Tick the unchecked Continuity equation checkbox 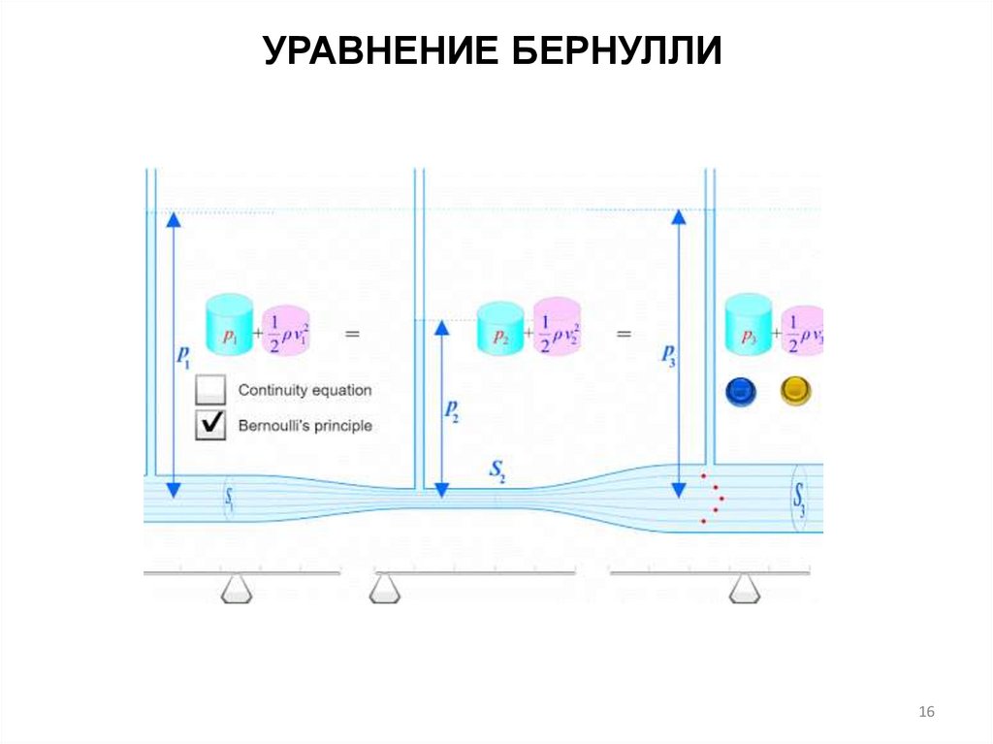tap(210, 391)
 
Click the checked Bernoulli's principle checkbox tap(210, 425)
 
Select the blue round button tap(742, 391)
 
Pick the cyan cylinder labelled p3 tap(749, 326)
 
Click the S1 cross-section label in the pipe tap(230, 499)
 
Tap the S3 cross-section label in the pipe tap(799, 504)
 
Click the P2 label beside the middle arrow tap(452, 411)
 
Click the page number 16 tap(926, 713)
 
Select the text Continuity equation tap(304, 391)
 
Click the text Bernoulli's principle tap(304, 425)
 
